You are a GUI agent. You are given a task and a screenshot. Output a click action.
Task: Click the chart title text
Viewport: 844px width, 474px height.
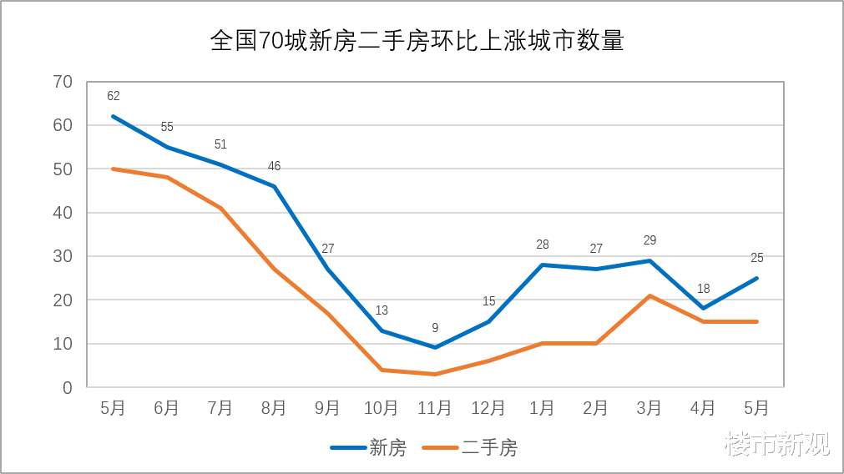click(417, 42)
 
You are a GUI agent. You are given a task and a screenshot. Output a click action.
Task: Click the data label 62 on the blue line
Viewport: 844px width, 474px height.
click(114, 96)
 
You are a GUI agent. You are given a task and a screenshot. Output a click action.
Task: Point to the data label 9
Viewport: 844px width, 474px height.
click(435, 328)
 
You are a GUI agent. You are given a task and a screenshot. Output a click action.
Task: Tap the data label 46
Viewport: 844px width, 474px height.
click(274, 166)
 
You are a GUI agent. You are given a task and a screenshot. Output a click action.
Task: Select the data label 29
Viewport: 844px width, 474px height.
click(649, 240)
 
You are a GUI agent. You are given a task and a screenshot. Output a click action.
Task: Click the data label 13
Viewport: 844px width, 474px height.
click(382, 310)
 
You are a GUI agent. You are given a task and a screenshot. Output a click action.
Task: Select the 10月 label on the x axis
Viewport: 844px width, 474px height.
click(381, 408)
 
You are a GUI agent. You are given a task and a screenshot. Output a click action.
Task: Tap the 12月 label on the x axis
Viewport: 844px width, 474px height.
click(488, 408)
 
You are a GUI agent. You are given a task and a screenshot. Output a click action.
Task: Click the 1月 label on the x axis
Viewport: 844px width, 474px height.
click(542, 408)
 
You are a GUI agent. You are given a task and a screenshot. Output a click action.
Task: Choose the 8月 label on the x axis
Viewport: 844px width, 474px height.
click(274, 408)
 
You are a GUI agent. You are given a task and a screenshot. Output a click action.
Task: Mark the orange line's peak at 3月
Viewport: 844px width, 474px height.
click(649, 295)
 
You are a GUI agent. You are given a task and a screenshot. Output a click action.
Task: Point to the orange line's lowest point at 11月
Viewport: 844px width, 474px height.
click(435, 374)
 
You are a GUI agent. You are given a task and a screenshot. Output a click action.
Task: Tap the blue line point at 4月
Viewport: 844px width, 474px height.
click(703, 308)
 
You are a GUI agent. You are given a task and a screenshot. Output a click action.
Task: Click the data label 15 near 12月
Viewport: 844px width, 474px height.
click(488, 301)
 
